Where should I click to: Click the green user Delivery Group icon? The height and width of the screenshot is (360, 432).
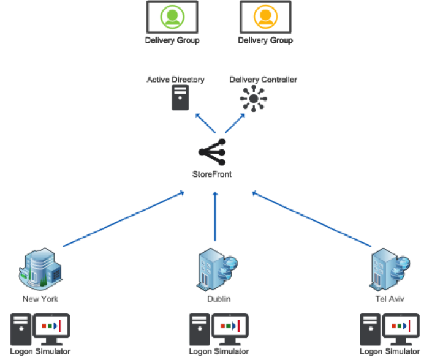[172, 17]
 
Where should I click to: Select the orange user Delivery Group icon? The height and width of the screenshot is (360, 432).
[265, 17]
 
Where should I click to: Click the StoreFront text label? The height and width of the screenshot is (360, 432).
[212, 174]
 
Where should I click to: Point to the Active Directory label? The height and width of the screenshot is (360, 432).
[175, 80]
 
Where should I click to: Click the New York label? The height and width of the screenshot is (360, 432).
[40, 299]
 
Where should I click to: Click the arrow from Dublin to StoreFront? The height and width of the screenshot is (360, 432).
[215, 217]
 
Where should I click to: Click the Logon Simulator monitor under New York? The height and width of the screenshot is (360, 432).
[51, 329]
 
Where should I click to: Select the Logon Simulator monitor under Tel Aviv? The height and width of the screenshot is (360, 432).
[402, 329]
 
